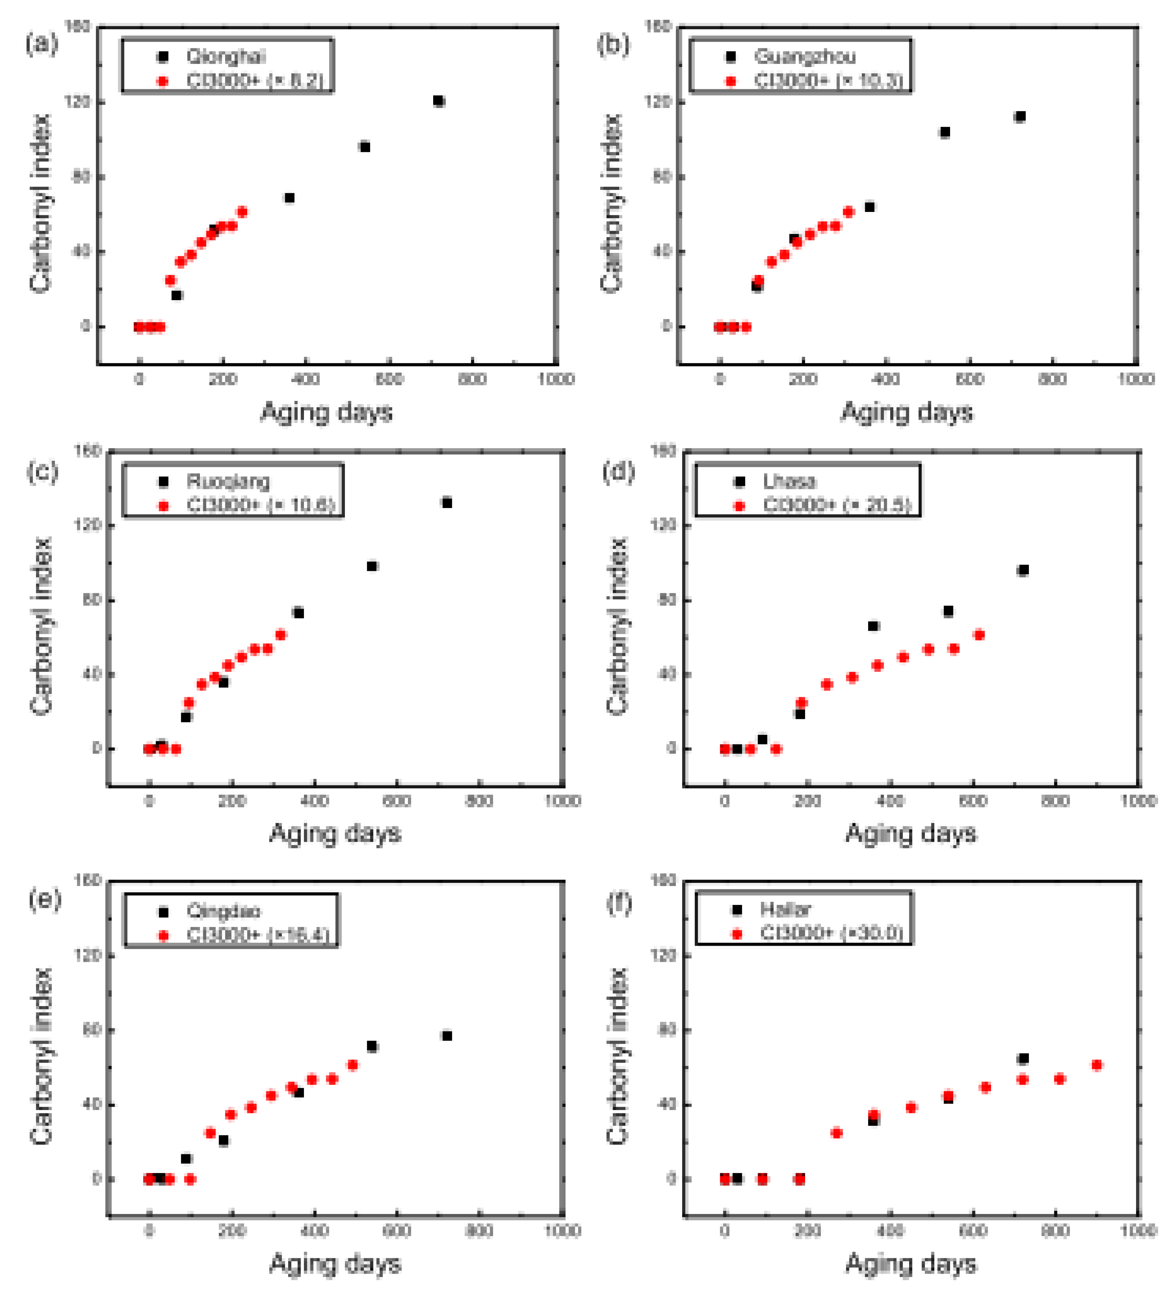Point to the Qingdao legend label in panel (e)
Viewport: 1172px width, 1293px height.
coord(223,911)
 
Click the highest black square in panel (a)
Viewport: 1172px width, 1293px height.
coord(439,101)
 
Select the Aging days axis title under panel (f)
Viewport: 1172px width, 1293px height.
coord(911,1263)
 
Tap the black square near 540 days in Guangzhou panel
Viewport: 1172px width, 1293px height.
coord(944,132)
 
